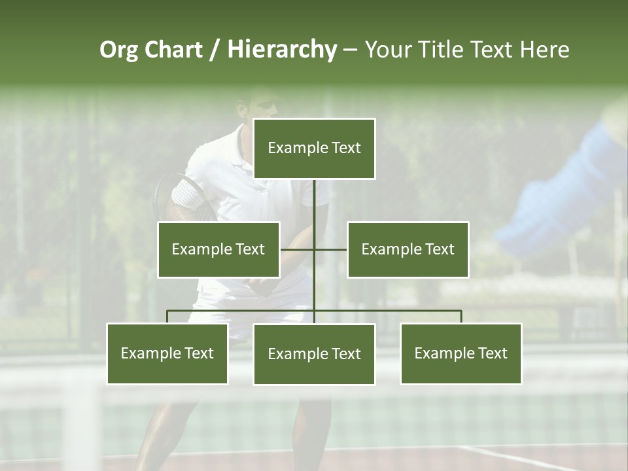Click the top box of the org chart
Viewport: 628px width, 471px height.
pyautogui.click(x=314, y=148)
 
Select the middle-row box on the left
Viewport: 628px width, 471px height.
pyautogui.click(x=218, y=249)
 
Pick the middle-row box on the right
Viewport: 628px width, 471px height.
pyautogui.click(x=408, y=249)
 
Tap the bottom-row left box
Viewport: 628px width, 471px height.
pyautogui.click(x=167, y=354)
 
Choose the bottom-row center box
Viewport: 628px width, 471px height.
pyautogui.click(x=314, y=355)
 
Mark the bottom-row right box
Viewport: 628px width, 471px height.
pyautogui.click(x=461, y=354)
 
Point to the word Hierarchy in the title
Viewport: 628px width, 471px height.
pyautogui.click(x=281, y=50)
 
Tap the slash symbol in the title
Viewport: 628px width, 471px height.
pyautogui.click(x=214, y=50)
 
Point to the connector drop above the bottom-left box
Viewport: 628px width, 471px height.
pyautogui.click(x=167, y=317)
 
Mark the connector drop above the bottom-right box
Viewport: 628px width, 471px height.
pyautogui.click(x=461, y=317)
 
